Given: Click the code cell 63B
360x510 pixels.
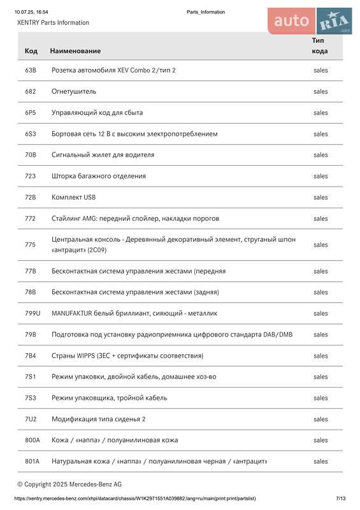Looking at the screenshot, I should pyautogui.click(x=31, y=70).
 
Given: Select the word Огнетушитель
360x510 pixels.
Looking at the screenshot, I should pyautogui.click(x=73, y=91).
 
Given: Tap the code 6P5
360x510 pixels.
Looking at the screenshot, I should pyautogui.click(x=31, y=112).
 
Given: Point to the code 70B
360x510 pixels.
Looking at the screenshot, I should pyautogui.click(x=31, y=155).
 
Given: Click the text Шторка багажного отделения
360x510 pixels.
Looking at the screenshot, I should pyautogui.click(x=99, y=176).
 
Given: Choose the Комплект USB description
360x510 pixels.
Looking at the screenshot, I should pyautogui.click(x=73, y=197).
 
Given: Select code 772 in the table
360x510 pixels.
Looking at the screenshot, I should pyautogui.click(x=30, y=218).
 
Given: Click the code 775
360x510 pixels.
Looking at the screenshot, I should pyautogui.click(x=30, y=245).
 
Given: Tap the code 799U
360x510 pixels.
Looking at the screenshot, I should pyautogui.click(x=32, y=314).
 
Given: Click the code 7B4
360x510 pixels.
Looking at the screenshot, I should pyautogui.click(x=31, y=356).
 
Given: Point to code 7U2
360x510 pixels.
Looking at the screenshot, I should pyautogui.click(x=31, y=419).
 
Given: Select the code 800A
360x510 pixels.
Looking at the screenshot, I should pyautogui.click(x=32, y=440).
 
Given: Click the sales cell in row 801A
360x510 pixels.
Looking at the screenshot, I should pyautogui.click(x=320, y=461).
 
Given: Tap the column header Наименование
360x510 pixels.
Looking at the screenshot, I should pyautogui.click(x=75, y=50).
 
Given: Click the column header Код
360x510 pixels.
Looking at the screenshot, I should pyautogui.click(x=31, y=50).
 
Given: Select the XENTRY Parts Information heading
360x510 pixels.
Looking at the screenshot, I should pyautogui.click(x=53, y=22).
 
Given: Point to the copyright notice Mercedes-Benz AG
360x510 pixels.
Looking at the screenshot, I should pyautogui.click(x=69, y=484).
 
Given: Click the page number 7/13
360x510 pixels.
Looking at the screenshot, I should pyautogui.click(x=340, y=499).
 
